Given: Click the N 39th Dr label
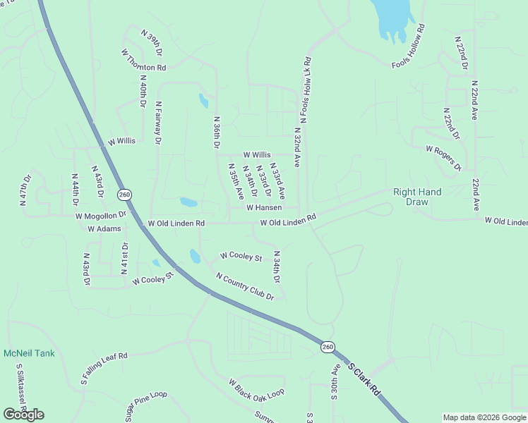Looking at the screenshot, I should point(152,43).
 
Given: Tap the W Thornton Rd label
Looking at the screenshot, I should point(143,60).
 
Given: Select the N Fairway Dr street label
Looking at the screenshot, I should point(159,123).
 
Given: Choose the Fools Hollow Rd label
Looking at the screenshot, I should point(409,47).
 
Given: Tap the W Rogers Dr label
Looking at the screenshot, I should point(443,159).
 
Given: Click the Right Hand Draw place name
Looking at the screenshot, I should point(417,197).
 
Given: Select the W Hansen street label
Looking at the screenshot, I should point(264,207).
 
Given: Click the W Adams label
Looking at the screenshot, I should point(104,229).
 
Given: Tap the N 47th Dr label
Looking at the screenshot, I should point(25,188).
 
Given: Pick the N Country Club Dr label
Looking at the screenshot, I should point(245,286).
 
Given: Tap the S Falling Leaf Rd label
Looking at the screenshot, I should point(103,369).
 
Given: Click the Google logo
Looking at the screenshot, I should point(23,414).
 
